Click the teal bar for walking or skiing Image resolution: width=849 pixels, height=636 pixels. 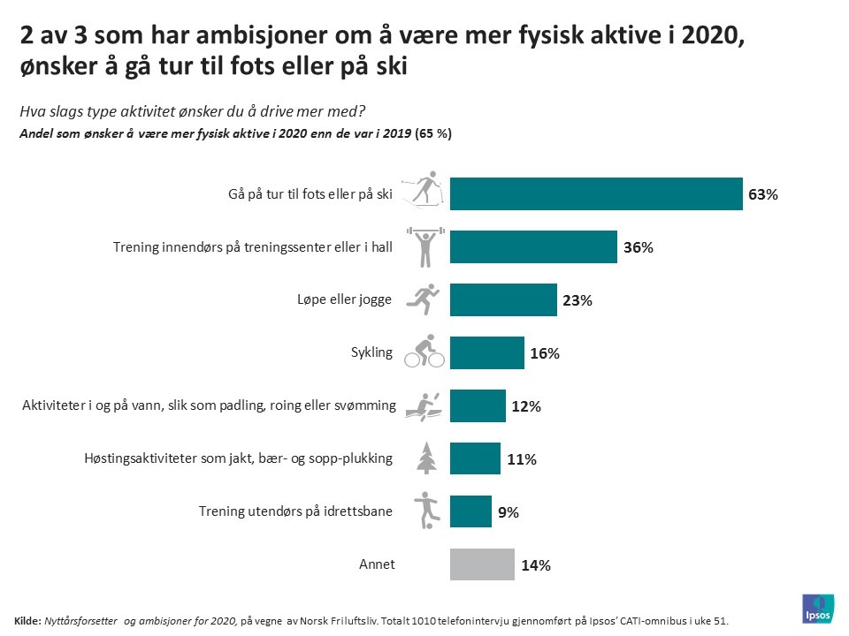click(596, 193)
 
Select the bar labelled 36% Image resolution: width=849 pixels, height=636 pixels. click(533, 246)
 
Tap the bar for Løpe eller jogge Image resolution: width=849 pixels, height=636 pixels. click(503, 299)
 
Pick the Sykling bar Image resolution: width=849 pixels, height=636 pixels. click(486, 352)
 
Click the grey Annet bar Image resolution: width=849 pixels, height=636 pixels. click(482, 564)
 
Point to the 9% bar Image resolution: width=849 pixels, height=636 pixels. click(470, 511)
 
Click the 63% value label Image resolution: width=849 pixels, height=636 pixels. click(762, 194)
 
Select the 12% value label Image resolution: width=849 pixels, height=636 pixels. click(525, 406)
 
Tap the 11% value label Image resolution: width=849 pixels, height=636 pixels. click(521, 459)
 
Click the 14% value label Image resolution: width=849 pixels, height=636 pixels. click(536, 565)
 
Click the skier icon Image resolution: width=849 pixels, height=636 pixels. click(423, 191)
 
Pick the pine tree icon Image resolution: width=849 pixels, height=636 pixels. click(426, 458)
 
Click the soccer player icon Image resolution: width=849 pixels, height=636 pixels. click(425, 511)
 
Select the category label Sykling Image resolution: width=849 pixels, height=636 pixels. click(371, 353)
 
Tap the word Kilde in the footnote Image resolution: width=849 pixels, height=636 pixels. click(28, 621)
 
